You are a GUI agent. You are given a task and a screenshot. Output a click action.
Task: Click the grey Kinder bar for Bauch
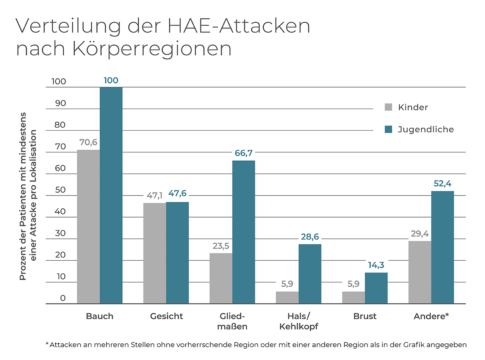click(x=88, y=227)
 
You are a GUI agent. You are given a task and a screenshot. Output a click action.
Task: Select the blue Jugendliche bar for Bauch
click(x=111, y=195)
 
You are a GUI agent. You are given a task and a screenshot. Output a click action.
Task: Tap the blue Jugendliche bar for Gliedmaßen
click(x=244, y=232)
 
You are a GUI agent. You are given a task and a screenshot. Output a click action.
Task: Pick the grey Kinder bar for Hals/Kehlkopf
click(x=287, y=297)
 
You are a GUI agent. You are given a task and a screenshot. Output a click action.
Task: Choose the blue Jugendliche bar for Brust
click(x=376, y=288)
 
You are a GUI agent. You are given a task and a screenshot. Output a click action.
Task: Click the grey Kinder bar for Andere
click(x=420, y=272)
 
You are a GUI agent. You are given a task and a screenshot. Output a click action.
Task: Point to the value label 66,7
click(x=243, y=153)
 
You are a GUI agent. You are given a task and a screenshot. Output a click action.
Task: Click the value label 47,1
click(x=155, y=196)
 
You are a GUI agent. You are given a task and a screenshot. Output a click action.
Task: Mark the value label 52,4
click(x=442, y=184)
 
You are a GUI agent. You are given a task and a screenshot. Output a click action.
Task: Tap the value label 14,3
click(x=376, y=265)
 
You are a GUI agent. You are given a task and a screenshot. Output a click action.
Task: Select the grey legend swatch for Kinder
click(x=388, y=107)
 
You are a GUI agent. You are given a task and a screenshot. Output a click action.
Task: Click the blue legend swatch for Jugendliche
click(x=388, y=129)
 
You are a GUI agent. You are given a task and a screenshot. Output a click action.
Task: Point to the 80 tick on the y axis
click(x=60, y=125)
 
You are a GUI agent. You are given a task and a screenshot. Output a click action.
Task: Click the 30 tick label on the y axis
click(x=60, y=233)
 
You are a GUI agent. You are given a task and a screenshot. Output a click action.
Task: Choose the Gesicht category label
click(x=166, y=316)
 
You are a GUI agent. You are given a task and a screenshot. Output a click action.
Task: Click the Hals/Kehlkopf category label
click(x=299, y=321)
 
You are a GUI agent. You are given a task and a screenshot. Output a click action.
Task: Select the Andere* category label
click(x=431, y=316)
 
